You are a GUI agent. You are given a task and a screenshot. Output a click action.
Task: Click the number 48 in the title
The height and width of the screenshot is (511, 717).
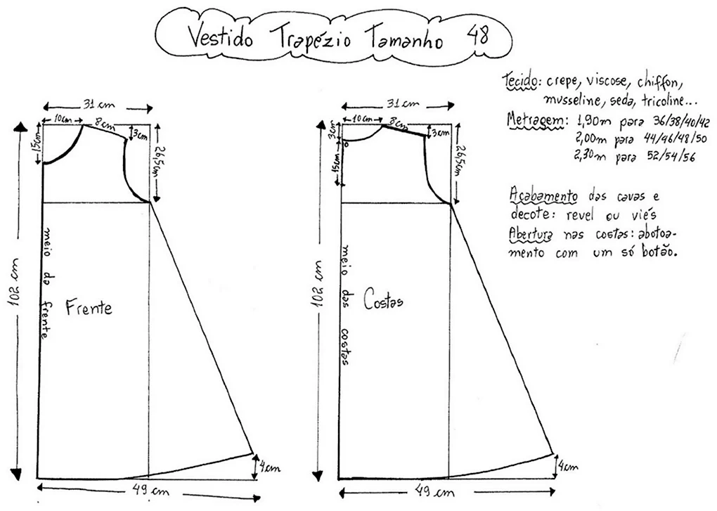coord(478,34)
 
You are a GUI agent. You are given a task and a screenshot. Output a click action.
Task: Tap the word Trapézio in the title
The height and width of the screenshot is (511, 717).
coord(311,38)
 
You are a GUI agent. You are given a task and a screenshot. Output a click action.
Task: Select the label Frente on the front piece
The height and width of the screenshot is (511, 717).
coord(89,307)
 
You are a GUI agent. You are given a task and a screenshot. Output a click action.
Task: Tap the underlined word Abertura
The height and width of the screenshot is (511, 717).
coord(531,233)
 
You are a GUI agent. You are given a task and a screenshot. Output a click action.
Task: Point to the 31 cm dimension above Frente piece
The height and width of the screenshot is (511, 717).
coord(98,105)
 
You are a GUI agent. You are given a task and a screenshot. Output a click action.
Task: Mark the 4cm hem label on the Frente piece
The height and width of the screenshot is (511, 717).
coord(269,467)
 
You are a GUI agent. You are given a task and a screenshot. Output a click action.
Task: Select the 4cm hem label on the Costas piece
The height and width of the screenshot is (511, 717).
coord(567,467)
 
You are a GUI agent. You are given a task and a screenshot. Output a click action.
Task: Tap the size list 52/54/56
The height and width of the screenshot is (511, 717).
coord(671,156)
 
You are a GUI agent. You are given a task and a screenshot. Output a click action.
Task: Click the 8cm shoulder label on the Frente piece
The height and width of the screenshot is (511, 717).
coord(105,124)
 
